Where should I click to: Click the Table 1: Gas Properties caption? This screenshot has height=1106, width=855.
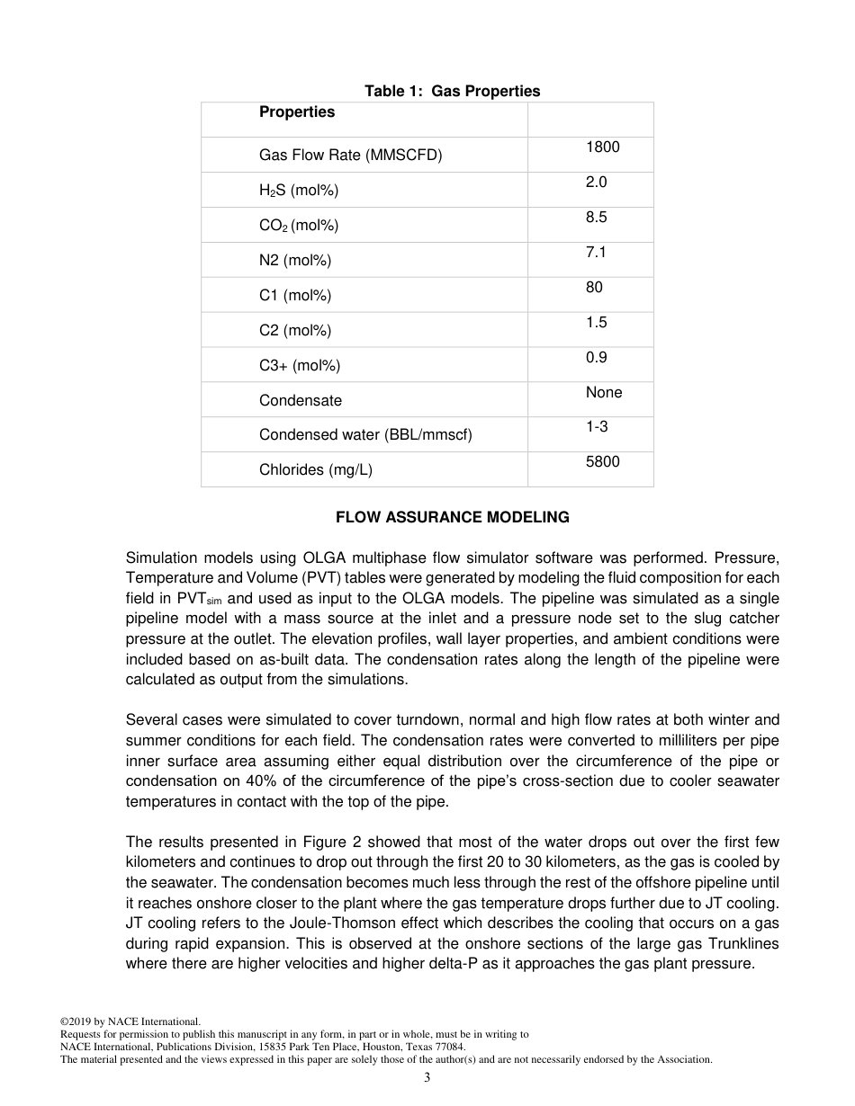pos(452,91)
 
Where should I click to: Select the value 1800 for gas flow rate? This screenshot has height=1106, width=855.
pos(602,147)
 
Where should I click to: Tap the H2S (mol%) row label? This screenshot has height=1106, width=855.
pos(298,190)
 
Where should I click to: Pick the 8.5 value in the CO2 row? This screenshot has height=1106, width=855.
pos(596,217)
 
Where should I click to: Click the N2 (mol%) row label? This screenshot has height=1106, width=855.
pos(294,261)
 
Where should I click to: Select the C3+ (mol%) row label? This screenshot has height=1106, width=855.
pos(299,365)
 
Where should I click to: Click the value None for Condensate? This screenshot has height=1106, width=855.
pos(603,392)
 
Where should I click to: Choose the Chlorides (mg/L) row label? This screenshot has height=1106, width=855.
pos(315,469)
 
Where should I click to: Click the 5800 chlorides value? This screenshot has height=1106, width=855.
pos(602,461)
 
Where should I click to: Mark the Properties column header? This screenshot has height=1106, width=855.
pos(296,111)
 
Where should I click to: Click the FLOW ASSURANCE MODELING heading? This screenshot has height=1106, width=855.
pos(452,517)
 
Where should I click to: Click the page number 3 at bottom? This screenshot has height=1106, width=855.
pos(427,1078)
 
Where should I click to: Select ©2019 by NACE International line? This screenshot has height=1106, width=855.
pos(130,1021)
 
